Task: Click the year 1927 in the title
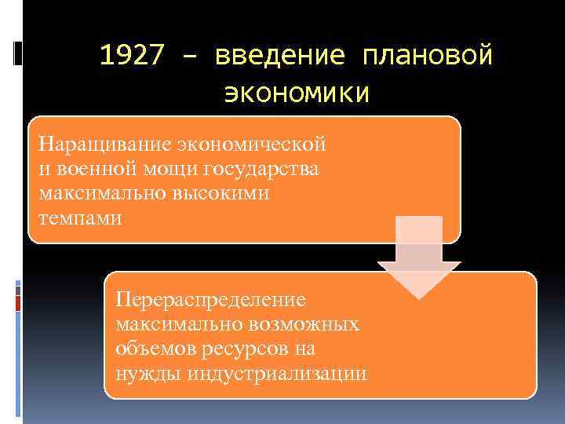(x=134, y=57)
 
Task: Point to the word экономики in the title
(x=296, y=93)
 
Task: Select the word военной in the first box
(x=88, y=169)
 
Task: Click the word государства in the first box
(x=261, y=169)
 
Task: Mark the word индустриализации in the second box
(x=277, y=373)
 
